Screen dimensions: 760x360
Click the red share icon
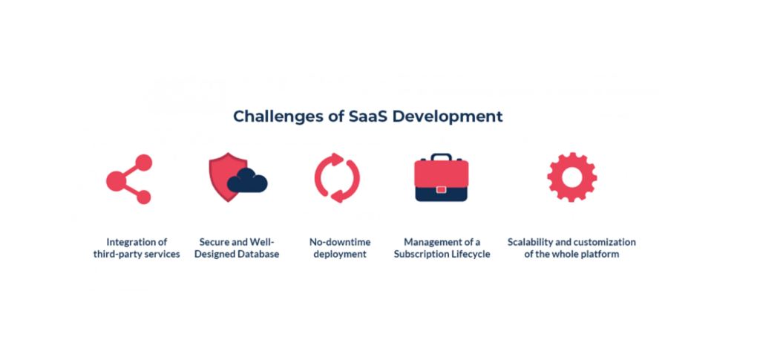[129, 180]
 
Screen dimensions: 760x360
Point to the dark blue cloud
[247, 180]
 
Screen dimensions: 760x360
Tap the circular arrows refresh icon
[338, 178]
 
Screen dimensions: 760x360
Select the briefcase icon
[441, 177]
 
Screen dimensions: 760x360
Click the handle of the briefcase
[441, 157]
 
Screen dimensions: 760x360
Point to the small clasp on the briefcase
[441, 189]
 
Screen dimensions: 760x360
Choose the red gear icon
[572, 177]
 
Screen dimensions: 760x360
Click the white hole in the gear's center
[572, 177]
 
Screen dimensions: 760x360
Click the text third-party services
[137, 255]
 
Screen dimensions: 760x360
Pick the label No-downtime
[340, 242]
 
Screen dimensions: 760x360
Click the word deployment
[340, 255]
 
